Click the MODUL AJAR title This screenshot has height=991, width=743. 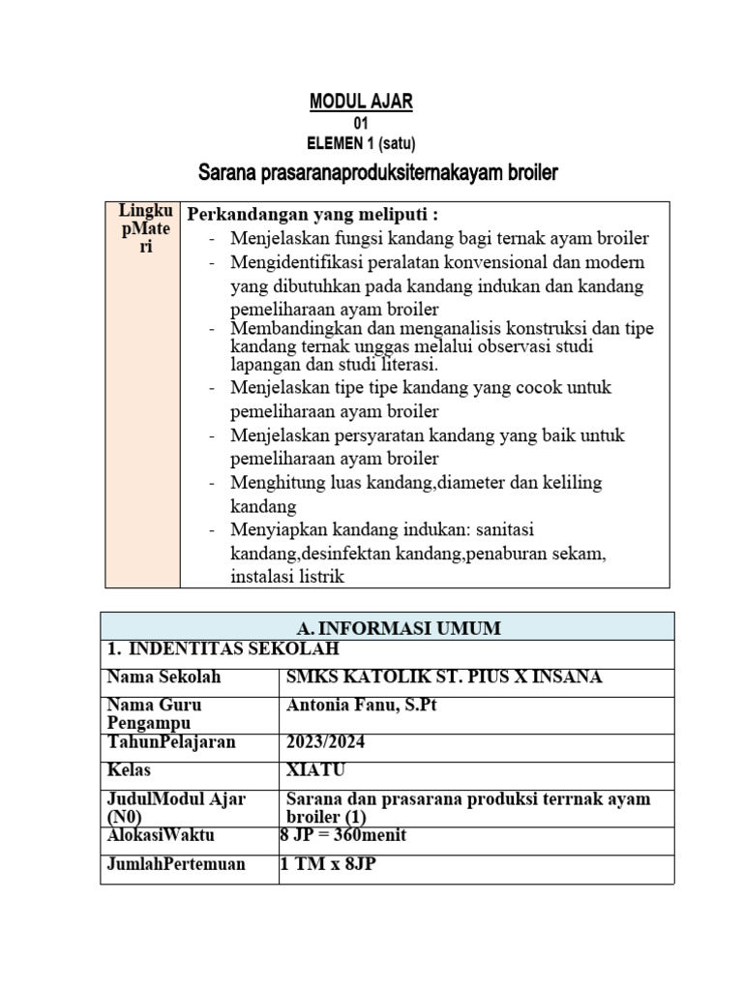[360, 102]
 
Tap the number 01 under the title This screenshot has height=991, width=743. [361, 124]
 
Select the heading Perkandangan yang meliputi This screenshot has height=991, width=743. [312, 214]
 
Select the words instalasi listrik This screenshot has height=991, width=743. [287, 577]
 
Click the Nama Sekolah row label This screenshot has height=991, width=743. [164, 677]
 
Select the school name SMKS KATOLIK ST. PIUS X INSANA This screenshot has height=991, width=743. [444, 677]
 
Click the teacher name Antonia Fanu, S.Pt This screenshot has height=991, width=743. [362, 706]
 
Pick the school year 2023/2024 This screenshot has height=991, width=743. [327, 742]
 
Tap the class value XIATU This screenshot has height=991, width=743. [316, 770]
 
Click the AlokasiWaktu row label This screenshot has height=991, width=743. [161, 835]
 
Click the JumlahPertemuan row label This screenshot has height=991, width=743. [175, 864]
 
